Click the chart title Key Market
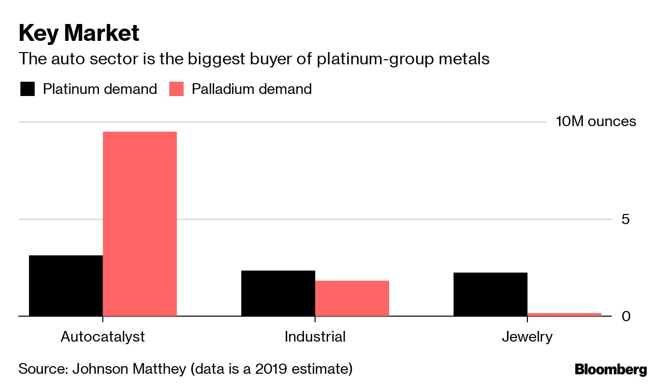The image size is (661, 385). (79, 33)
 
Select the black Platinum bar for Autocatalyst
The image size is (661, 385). (66, 285)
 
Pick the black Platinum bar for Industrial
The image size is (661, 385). (278, 293)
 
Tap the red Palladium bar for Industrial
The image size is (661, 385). (352, 298)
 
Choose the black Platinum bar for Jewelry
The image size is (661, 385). (490, 294)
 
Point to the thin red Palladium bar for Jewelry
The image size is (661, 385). (564, 314)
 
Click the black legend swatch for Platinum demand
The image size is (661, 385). (27, 89)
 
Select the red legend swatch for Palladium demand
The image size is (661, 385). (176, 89)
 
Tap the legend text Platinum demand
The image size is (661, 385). (99, 89)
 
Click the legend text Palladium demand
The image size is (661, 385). (251, 89)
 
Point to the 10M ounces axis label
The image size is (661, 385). (596, 122)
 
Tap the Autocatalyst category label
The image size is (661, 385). (103, 337)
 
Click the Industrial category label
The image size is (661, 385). (315, 337)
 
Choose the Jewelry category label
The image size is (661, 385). (527, 337)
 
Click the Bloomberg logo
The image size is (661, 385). (611, 370)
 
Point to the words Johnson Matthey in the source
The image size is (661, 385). (130, 369)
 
